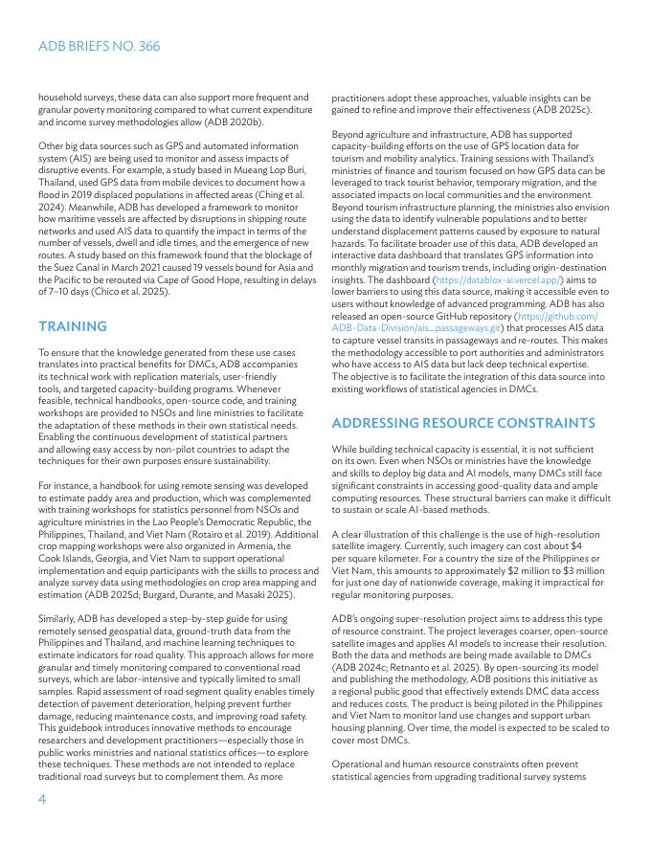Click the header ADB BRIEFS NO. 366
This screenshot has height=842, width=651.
99,46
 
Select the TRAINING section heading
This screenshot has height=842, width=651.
73,326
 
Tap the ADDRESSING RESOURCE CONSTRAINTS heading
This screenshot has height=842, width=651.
463,423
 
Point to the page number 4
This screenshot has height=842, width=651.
42,800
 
